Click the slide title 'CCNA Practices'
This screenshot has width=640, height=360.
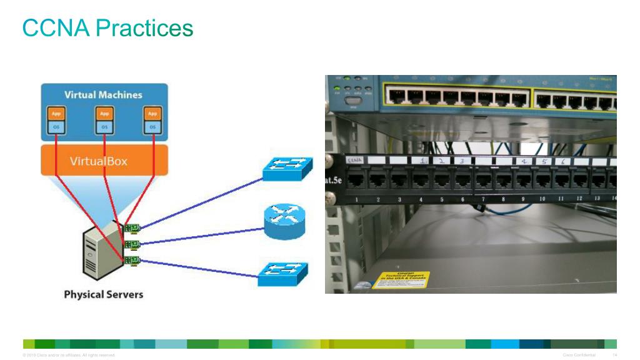click(x=107, y=28)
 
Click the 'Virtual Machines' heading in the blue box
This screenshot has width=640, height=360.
click(x=103, y=95)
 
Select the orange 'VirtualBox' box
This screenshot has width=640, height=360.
click(x=99, y=161)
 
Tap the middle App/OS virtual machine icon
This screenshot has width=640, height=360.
click(x=104, y=121)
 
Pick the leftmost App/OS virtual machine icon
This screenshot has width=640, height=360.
click(x=56, y=121)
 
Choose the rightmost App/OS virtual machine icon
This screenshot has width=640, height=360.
click(x=151, y=121)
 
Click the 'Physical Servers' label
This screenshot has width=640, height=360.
click(x=103, y=294)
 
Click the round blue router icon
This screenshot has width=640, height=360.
click(x=284, y=222)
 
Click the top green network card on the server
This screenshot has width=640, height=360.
click(x=131, y=227)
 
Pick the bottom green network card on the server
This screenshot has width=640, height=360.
click(x=131, y=260)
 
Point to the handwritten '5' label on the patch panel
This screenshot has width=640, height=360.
click(x=548, y=161)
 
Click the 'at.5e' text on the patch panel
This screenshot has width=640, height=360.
click(x=336, y=181)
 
